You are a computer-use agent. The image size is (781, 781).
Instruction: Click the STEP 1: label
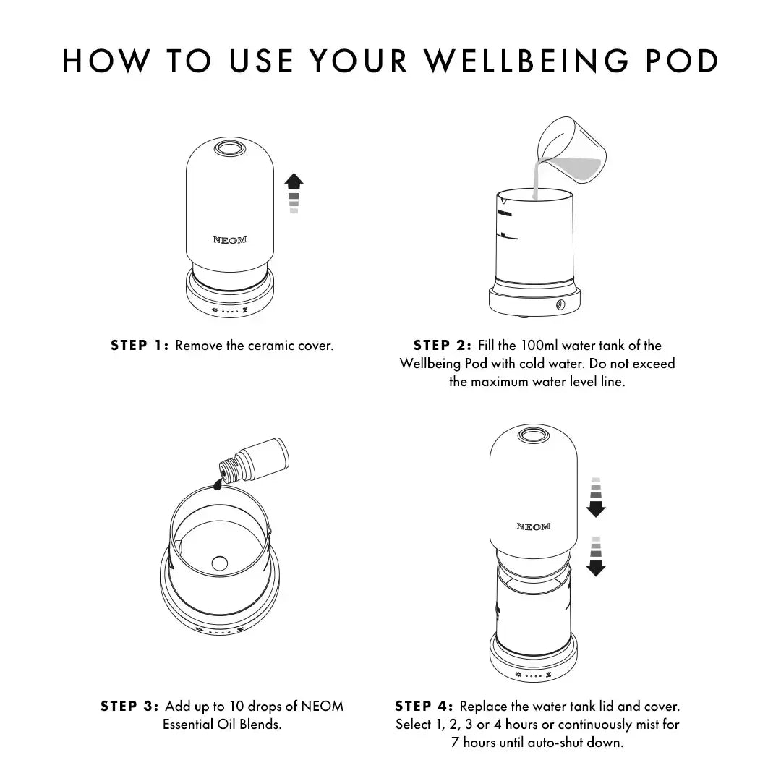[140, 346]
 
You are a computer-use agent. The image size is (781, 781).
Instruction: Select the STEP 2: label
[442, 346]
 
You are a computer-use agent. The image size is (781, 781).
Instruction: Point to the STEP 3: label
[129, 706]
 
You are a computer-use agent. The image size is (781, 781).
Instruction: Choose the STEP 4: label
[424, 706]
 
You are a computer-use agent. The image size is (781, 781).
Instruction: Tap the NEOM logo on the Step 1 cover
[229, 239]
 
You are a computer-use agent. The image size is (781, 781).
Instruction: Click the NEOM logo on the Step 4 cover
[533, 526]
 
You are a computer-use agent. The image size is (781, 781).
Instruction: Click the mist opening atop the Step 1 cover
[229, 148]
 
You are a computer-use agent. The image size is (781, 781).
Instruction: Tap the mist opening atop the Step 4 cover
[533, 435]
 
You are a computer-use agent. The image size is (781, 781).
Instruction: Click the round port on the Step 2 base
[560, 306]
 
